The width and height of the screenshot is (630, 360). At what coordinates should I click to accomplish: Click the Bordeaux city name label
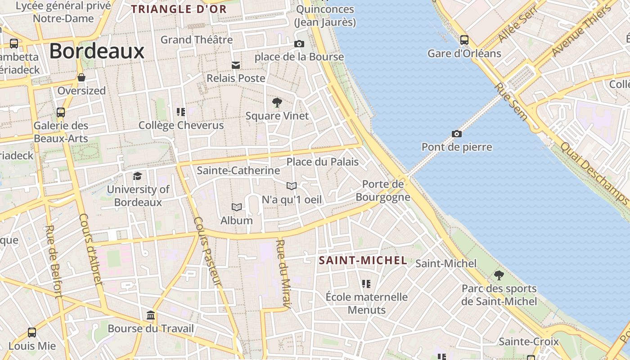[x=97, y=51]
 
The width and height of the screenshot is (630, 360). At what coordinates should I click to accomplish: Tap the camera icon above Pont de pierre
[x=457, y=134]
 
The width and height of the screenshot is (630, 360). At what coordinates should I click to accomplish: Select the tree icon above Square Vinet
[x=277, y=103]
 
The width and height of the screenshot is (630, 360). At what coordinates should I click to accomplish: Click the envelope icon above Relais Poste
[x=236, y=65]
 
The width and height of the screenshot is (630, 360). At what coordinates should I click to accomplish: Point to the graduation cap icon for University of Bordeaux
[x=138, y=176]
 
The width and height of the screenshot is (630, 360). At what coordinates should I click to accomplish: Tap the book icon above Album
[x=237, y=207]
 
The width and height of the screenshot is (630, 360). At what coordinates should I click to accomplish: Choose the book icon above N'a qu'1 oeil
[x=292, y=186]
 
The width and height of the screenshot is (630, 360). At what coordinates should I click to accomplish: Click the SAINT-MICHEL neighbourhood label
[x=363, y=260]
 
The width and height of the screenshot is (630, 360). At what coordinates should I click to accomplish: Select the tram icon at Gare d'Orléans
[x=464, y=40]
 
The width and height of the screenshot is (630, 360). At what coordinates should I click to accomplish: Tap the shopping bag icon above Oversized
[x=81, y=77]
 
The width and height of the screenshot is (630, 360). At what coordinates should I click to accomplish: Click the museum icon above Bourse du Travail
[x=151, y=315]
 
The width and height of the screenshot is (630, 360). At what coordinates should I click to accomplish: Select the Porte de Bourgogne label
[x=383, y=190]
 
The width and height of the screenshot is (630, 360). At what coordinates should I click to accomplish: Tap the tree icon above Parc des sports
[x=499, y=275]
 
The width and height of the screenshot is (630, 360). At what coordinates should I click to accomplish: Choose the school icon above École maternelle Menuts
[x=366, y=284]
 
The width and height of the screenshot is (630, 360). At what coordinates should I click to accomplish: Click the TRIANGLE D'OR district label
[x=179, y=9]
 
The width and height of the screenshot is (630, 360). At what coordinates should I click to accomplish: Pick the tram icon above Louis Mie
[x=32, y=333]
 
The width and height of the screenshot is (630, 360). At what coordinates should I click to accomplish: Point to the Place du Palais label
[x=323, y=162]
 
